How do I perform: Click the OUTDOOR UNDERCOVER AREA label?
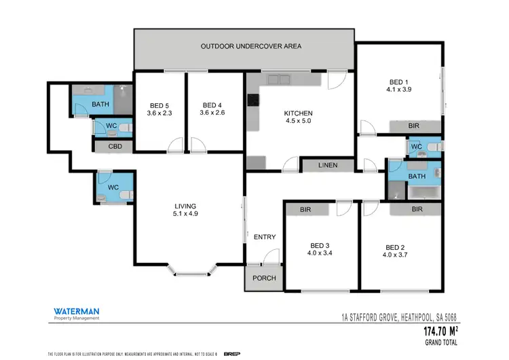point(250,47)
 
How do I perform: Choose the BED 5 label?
point(160,109)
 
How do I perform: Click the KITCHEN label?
point(299,118)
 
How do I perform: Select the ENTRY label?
point(264,237)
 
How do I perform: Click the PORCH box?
point(263,278)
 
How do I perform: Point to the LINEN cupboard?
point(328,165)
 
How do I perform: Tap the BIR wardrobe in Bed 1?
point(414,126)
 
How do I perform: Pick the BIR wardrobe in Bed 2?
point(415,210)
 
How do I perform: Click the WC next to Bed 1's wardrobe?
point(417,146)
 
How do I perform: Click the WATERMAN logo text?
point(77,312)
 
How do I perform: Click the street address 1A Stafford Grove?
point(399,317)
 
